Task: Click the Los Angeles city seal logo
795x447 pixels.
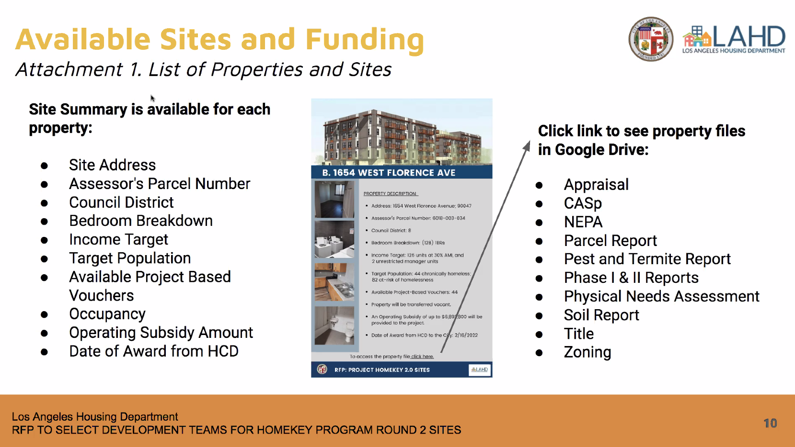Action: [x=650, y=39]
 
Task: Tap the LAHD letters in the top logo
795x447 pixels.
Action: [x=749, y=37]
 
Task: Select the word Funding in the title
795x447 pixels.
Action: [x=364, y=40]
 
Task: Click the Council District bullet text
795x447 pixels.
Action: [x=121, y=202]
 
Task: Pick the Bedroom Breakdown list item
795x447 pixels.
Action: [x=141, y=221]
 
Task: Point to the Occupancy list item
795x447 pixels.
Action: [x=107, y=314]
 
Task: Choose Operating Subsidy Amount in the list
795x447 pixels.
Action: [x=161, y=333]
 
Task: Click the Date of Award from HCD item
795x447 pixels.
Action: [x=154, y=351]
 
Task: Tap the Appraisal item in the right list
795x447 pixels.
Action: [x=596, y=185]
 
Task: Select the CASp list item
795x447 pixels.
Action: [x=583, y=203]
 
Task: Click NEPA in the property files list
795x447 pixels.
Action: [x=583, y=222]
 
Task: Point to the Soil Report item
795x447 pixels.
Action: [x=601, y=315]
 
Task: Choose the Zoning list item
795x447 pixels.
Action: [x=588, y=352]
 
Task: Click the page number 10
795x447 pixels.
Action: [x=770, y=423]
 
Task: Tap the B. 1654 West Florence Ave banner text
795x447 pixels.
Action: [x=389, y=173]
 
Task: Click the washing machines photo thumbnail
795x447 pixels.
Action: [x=334, y=239]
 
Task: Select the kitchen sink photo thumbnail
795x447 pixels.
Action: [x=334, y=282]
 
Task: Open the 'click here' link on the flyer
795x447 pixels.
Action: [x=422, y=357]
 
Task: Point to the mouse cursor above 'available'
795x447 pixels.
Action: [x=152, y=98]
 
